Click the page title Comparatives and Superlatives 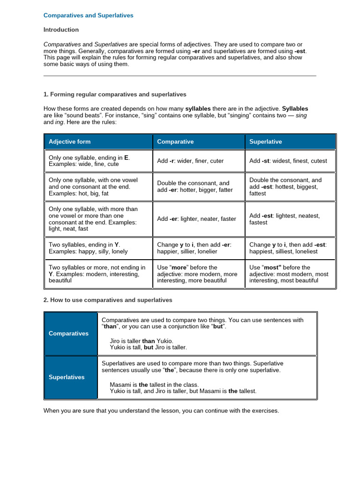click(x=88, y=15)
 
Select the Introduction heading click(x=61, y=30)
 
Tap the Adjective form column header click(x=70, y=142)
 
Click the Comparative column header click(x=175, y=142)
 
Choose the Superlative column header click(x=266, y=142)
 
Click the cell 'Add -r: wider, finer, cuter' click(x=190, y=161)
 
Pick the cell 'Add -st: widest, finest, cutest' click(x=288, y=161)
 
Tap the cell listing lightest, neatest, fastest click(x=285, y=219)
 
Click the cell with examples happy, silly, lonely click(x=88, y=248)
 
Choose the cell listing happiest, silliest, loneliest click(x=287, y=248)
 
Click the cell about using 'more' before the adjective click(x=197, y=274)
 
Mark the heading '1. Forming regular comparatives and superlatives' click(x=115, y=94)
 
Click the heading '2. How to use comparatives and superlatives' click(x=108, y=300)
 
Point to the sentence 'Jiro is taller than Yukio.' click(x=141, y=341)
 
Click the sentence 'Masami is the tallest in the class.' click(x=154, y=384)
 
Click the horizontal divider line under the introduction click(x=180, y=75)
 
